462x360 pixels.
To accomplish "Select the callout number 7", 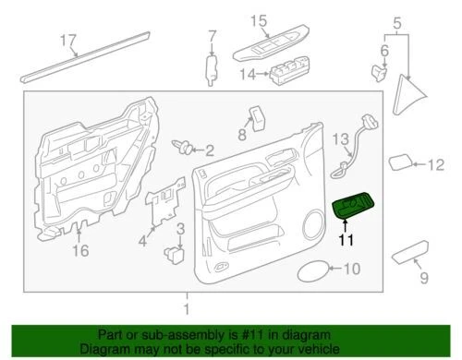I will pyautogui.click(x=212, y=38).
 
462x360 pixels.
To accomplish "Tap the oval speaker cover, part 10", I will pyautogui.click(x=312, y=270).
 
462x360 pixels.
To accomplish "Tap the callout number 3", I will pyautogui.click(x=181, y=228).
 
